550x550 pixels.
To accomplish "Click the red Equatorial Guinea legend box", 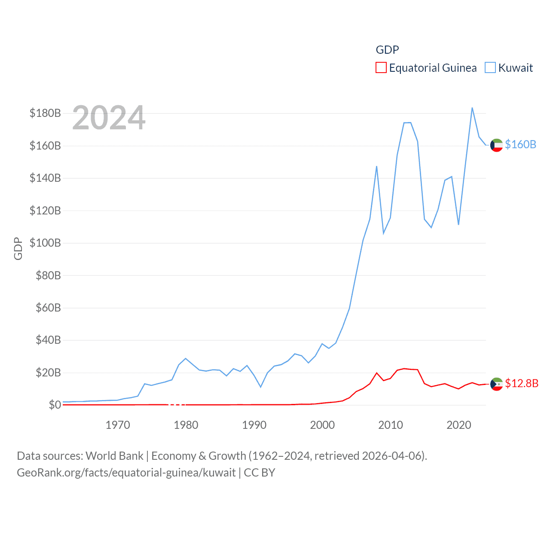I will tap(381, 68).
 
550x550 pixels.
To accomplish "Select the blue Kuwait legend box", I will tap(490, 68).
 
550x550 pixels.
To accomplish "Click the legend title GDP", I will tap(387, 50).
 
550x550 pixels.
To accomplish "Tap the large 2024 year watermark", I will tap(109, 118).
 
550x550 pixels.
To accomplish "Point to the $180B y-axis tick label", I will tap(45, 113).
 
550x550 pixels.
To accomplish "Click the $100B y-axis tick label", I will tap(45, 243).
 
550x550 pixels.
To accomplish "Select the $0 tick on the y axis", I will tap(55, 405).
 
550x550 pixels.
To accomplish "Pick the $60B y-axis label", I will tap(48, 308).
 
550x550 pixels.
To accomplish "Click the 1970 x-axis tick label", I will tap(118, 425).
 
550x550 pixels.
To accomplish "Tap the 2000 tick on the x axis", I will tap(322, 425).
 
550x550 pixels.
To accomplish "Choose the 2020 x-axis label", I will tap(459, 425).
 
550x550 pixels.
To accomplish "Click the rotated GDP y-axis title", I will tap(18, 248).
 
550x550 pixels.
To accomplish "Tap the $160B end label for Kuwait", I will tap(520, 144).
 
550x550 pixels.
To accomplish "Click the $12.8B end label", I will tap(522, 383).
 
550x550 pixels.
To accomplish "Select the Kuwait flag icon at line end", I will tap(496, 145).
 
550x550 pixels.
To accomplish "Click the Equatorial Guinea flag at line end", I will tap(496, 384).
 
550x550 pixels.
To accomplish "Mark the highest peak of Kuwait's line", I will tap(472, 108).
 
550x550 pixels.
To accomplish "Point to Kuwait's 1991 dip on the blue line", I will tap(260, 387).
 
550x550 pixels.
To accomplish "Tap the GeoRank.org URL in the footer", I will tap(126, 473).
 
